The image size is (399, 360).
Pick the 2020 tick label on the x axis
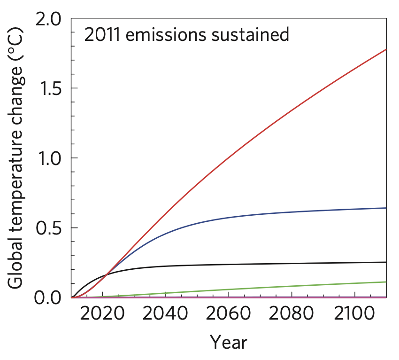(101, 315)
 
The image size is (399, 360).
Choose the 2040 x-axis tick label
(165, 315)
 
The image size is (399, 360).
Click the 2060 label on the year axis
(228, 315)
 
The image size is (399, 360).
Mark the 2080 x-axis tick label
(292, 315)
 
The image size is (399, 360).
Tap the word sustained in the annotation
(249, 35)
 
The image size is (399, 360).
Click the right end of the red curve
(385, 49)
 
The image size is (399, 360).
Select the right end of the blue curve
(385, 208)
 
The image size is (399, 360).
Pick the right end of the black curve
(385, 262)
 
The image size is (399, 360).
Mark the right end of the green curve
(385, 282)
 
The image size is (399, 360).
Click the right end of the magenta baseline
(385, 297)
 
